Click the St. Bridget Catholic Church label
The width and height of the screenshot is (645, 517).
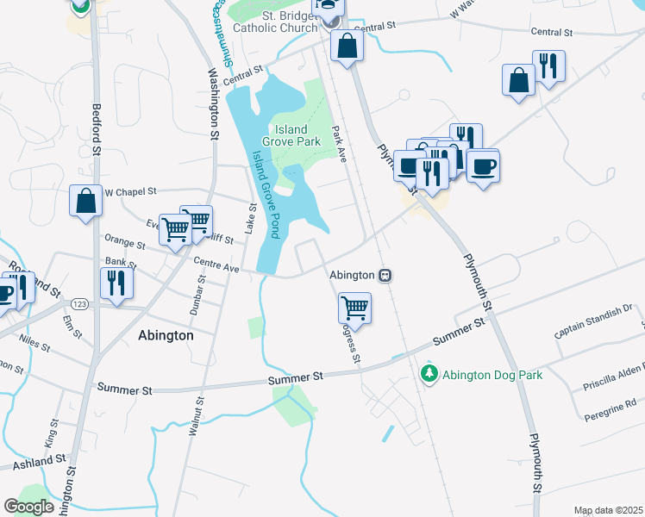(279, 21)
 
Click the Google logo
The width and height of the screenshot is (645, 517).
(28, 507)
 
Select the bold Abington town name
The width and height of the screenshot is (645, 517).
(166, 336)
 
